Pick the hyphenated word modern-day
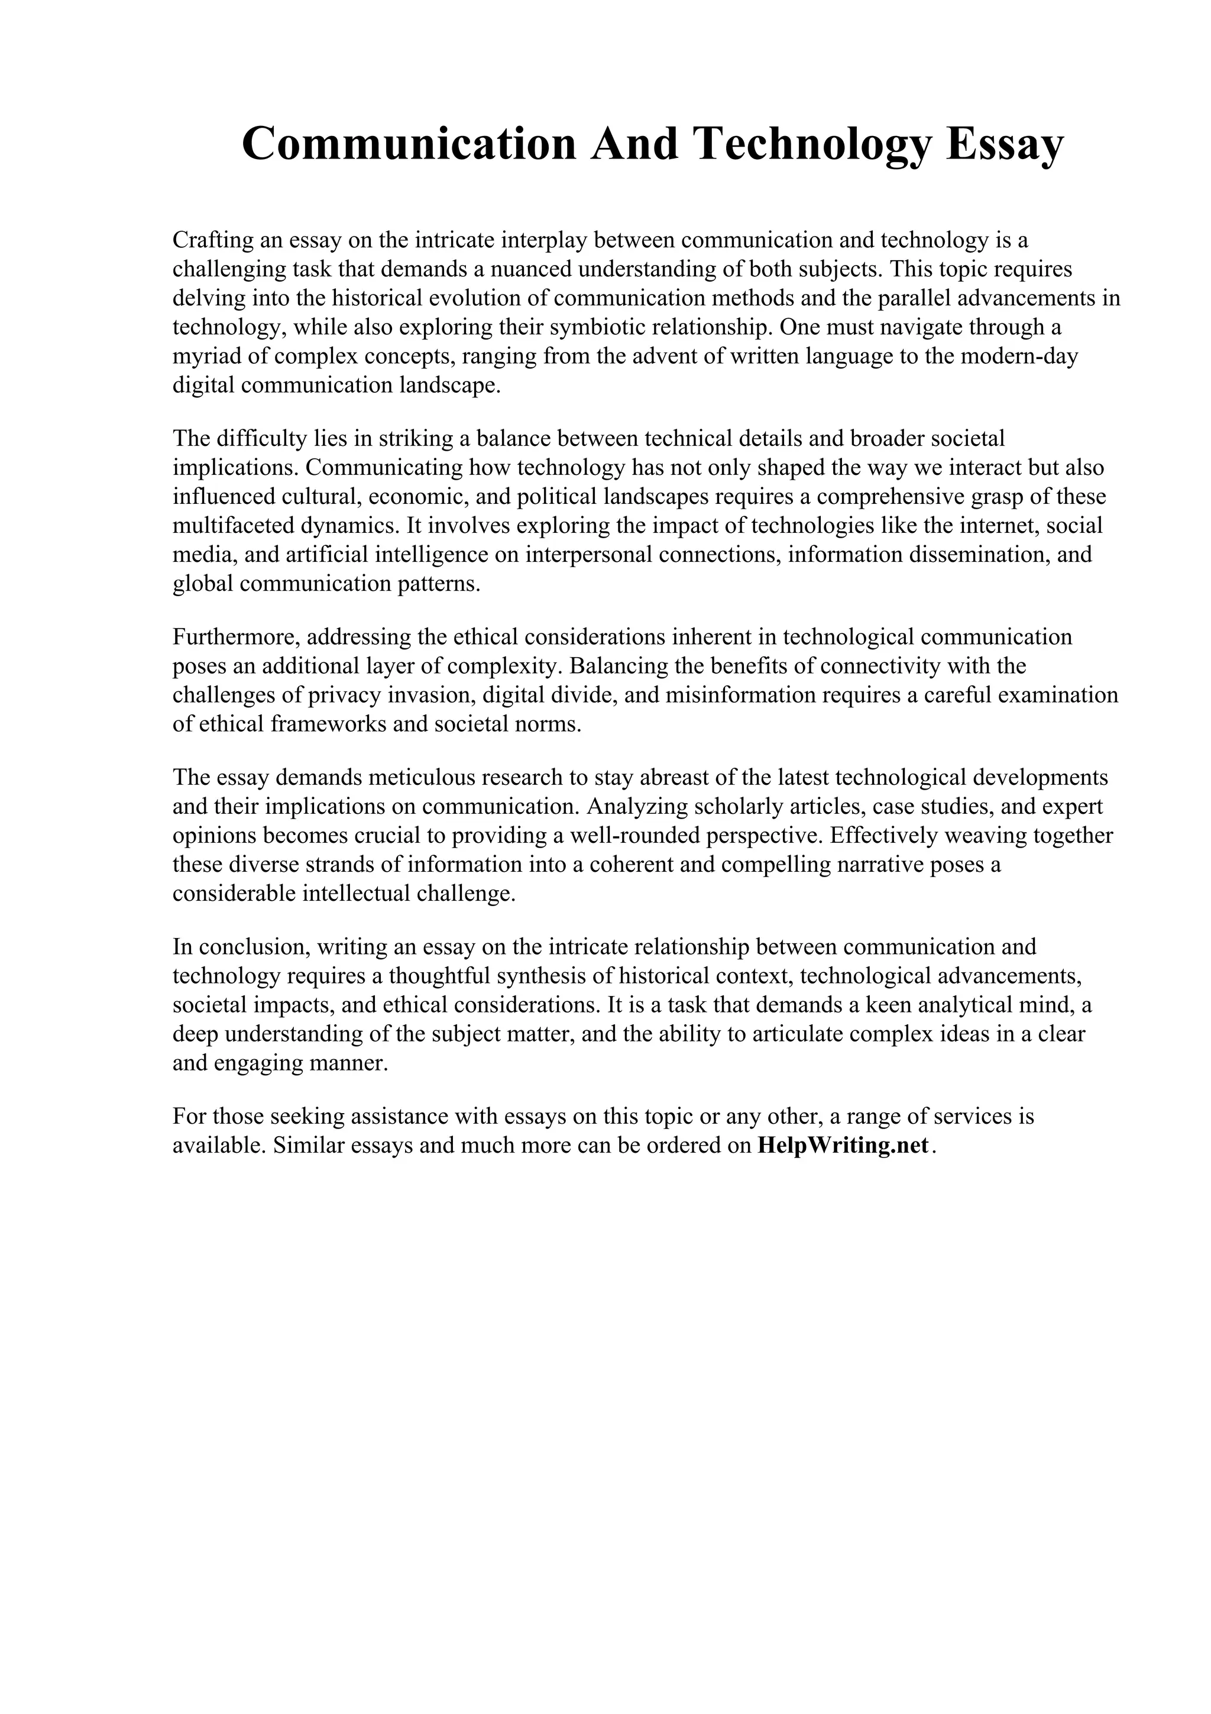pos(1019,357)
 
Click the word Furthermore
pos(236,637)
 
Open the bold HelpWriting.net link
pos(843,1146)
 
